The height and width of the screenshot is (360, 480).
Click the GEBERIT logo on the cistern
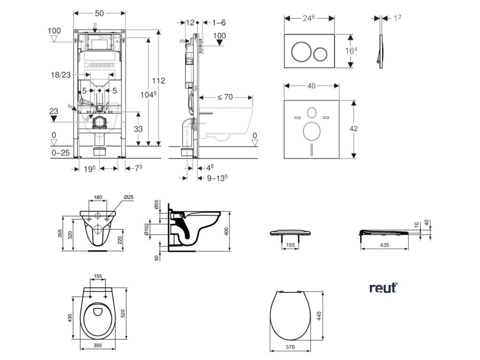pos(99,65)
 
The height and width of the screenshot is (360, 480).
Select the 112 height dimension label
pos(158,81)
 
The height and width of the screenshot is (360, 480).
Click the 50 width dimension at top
pos(99,13)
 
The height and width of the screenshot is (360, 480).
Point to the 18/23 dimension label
pos(60,75)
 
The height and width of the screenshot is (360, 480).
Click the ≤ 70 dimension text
pos(225,97)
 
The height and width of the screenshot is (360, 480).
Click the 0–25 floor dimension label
pos(60,152)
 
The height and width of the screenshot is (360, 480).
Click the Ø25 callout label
pos(129,197)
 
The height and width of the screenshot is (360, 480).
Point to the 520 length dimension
pos(123,313)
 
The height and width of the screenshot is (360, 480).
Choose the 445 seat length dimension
pos(319,316)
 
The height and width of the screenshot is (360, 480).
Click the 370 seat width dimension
pos(290,347)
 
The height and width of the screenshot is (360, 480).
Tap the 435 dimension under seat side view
pos(384,245)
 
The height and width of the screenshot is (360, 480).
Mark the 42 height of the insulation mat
pos(353,128)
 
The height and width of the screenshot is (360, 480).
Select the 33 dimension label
pos(138,129)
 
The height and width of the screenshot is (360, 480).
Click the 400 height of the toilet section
pos(226,231)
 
